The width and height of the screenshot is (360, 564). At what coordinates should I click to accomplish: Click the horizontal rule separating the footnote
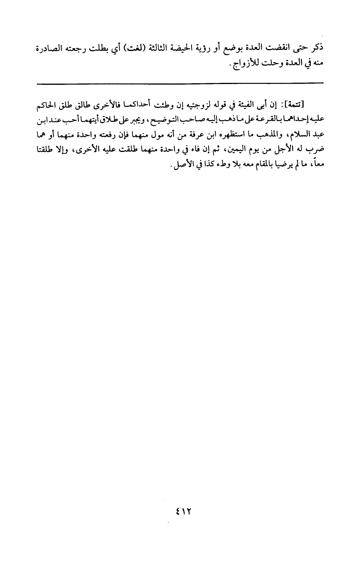coord(180,83)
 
